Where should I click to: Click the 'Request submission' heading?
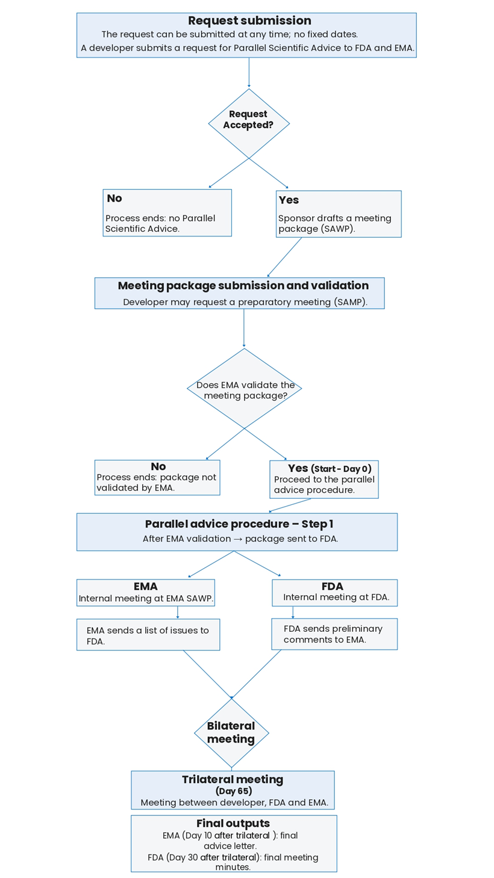249,21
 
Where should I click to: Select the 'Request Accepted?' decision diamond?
249,123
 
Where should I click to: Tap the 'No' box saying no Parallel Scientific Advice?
167,213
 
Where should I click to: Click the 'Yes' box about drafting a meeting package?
339,214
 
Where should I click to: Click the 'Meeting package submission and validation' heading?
243,286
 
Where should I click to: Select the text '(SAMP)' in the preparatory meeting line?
350,301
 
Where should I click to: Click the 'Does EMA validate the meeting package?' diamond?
245,389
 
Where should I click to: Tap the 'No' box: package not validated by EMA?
157,478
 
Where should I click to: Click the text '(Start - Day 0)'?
341,469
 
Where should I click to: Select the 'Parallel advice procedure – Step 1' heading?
239,524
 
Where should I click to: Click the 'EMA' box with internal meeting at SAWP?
145,593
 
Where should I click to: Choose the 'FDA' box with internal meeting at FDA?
334,593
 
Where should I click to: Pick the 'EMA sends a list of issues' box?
148,635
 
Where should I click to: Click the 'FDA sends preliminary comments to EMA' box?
334,634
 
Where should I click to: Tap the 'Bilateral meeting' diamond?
231,732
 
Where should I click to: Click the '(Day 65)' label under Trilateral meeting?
233,791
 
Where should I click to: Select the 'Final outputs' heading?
233,823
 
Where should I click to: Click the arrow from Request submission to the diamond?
249,73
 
